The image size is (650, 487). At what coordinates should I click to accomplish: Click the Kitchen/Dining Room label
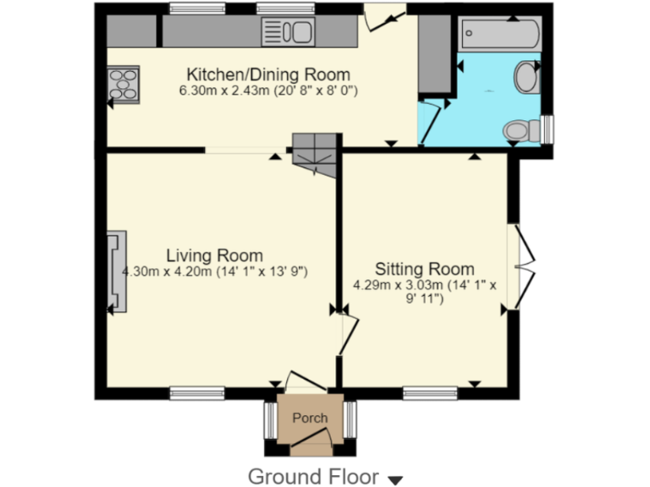pyautogui.click(x=267, y=74)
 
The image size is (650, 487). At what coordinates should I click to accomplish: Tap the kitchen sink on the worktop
pyautogui.click(x=287, y=32)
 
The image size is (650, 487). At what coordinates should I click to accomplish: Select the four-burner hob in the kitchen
pyautogui.click(x=124, y=84)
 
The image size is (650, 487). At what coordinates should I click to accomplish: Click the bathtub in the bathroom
pyautogui.click(x=499, y=36)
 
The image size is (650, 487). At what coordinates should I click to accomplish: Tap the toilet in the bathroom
pyautogui.click(x=521, y=131)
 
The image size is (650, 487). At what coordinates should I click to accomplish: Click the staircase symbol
pyautogui.click(x=315, y=155)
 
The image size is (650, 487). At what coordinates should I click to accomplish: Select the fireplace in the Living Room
pyautogui.click(x=118, y=271)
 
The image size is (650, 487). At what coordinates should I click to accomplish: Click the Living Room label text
pyautogui.click(x=214, y=255)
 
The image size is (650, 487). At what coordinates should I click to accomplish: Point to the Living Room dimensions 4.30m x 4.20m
pyautogui.click(x=214, y=272)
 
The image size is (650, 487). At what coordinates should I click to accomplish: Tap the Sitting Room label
pyautogui.click(x=425, y=270)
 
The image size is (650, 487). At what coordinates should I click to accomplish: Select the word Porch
pyautogui.click(x=310, y=418)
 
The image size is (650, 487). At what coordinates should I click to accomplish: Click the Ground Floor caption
pyautogui.click(x=313, y=476)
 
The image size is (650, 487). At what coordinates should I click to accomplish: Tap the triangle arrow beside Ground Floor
pyautogui.click(x=394, y=479)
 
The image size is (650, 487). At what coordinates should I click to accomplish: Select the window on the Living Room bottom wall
pyautogui.click(x=196, y=392)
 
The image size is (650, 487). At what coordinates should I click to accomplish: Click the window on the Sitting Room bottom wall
pyautogui.click(x=430, y=392)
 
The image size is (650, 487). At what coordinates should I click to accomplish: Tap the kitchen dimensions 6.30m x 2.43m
pyautogui.click(x=267, y=90)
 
